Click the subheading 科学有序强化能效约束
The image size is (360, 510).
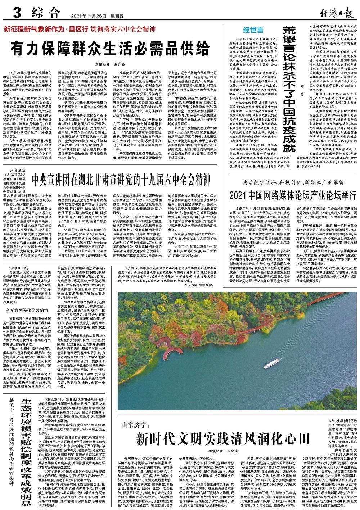click(x=28, y=310)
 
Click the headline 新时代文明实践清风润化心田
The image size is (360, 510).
click(x=223, y=439)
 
